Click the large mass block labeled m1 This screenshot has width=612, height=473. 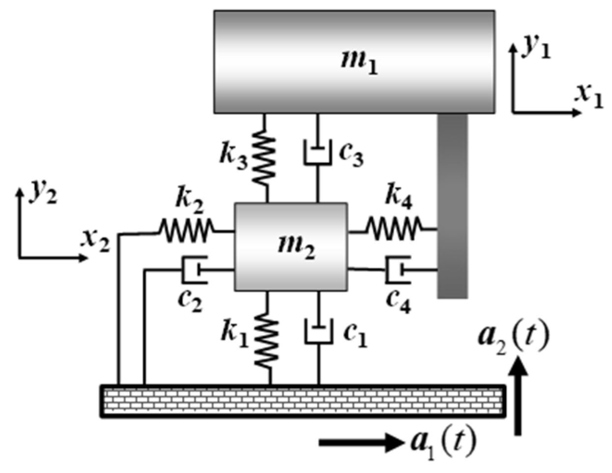354,62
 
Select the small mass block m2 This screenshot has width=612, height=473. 291,246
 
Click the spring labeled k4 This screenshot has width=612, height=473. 394,229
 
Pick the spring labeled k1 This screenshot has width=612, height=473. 267,340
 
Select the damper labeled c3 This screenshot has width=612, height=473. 317,153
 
